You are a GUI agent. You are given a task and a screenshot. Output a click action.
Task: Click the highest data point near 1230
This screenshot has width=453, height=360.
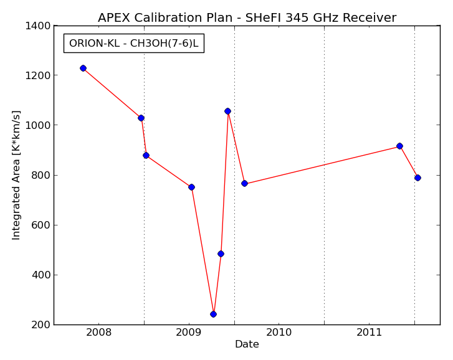(83, 68)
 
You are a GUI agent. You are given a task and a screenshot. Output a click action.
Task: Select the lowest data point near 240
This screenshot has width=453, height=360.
(214, 314)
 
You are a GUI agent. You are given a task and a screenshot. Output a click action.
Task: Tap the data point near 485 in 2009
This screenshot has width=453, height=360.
(221, 253)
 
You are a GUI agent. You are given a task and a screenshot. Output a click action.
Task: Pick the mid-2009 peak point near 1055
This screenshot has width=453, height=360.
(227, 111)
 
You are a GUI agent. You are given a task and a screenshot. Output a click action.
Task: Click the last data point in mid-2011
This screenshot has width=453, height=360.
(417, 178)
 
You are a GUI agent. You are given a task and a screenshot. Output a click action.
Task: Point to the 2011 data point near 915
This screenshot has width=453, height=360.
(400, 146)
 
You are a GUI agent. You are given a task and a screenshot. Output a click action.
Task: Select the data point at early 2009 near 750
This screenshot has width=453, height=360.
(191, 187)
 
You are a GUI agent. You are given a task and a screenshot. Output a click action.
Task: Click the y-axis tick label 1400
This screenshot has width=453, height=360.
(38, 26)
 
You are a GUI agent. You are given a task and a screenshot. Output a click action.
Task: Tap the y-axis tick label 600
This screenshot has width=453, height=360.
(41, 225)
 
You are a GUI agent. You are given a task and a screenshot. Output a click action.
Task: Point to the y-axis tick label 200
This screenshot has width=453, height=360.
(41, 324)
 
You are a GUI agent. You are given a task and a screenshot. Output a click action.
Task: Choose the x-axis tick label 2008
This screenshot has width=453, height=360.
(98, 333)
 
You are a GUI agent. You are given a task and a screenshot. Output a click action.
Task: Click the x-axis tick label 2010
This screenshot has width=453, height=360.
(279, 333)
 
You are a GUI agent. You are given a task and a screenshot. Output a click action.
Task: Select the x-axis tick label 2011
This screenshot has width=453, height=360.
(370, 333)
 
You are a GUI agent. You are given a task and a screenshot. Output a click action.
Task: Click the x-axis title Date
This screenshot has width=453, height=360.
(247, 344)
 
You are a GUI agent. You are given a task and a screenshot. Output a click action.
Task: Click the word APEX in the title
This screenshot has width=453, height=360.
(115, 17)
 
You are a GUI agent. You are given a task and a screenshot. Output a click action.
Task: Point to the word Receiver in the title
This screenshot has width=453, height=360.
(370, 17)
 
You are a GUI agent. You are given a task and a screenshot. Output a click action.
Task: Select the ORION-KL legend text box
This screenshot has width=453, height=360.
(134, 44)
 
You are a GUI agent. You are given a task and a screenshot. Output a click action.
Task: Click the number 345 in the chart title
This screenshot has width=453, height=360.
(297, 17)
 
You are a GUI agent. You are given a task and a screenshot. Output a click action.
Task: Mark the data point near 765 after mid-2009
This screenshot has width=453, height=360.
(244, 183)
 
